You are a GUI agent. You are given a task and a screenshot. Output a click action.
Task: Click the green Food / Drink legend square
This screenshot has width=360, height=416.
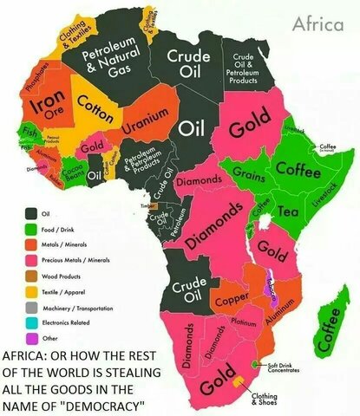31,229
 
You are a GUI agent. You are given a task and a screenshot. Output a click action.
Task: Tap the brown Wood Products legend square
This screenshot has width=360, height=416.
31,276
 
